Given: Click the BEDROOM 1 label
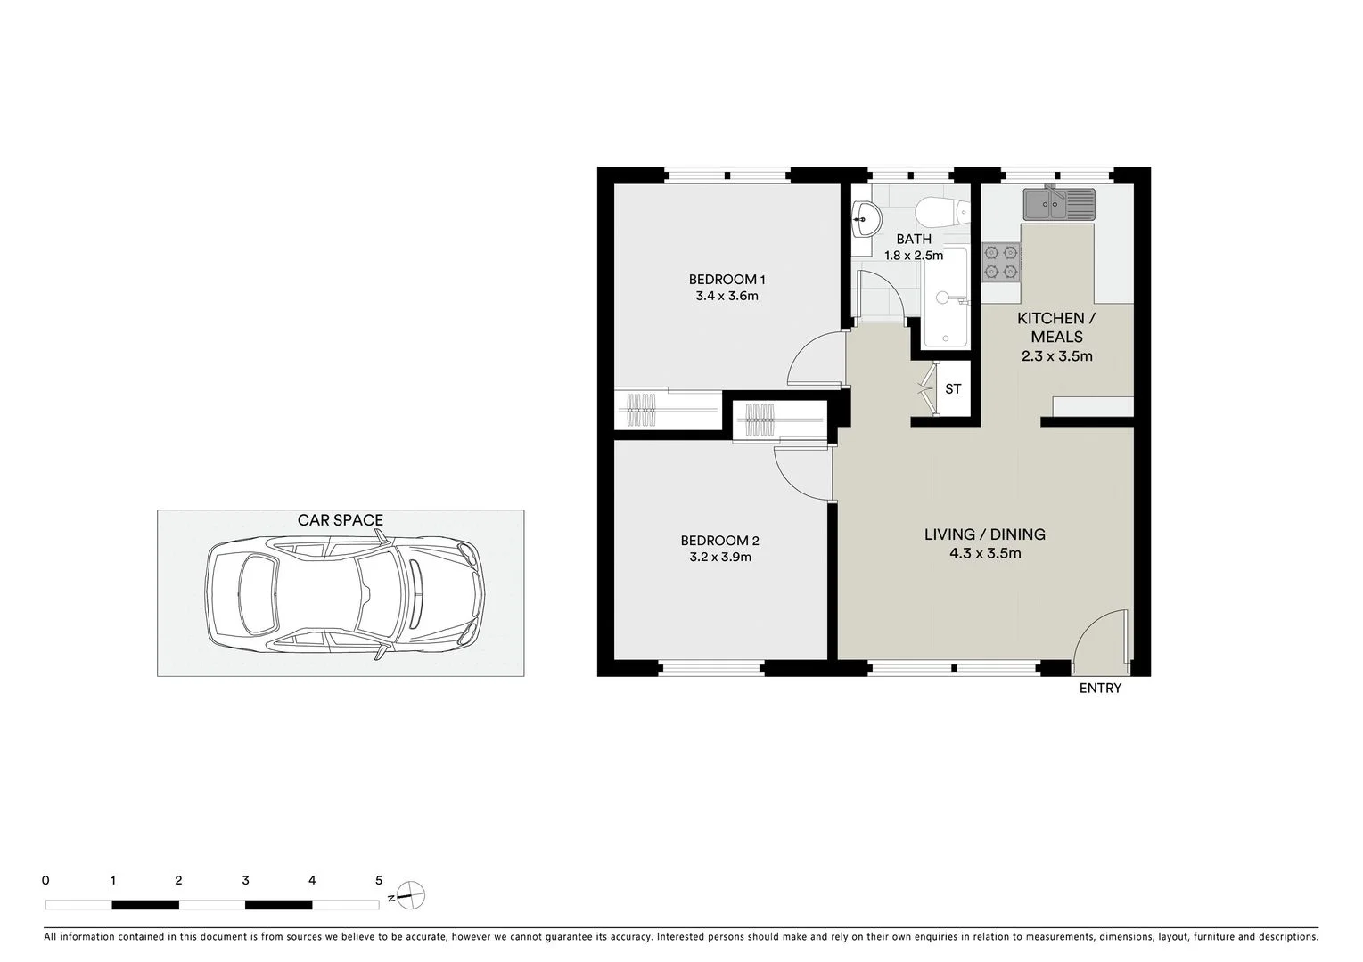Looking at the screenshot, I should (727, 280).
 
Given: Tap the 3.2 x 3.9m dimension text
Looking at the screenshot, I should (719, 558).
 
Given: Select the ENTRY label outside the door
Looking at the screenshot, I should (1100, 689).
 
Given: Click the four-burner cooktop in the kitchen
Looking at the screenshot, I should (1000, 262).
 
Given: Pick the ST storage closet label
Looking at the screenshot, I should (953, 389).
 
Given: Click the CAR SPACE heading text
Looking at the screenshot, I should (341, 520).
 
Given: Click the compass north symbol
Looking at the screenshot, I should (411, 895).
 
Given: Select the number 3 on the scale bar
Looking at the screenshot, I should (245, 880).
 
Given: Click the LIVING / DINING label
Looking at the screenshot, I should (984, 534).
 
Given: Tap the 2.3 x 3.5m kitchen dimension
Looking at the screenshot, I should (1056, 356).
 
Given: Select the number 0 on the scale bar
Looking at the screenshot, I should (45, 880).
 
